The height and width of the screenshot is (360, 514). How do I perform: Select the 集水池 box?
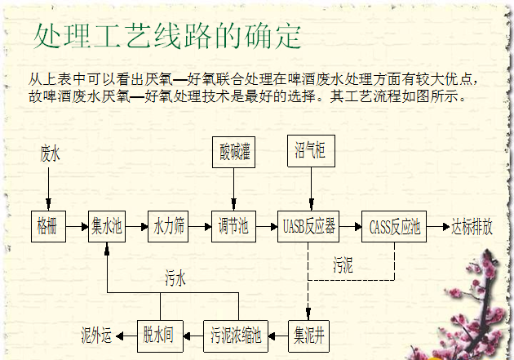106,226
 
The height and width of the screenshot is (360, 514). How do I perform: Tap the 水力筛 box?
169,226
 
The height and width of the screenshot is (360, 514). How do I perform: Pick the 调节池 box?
233,226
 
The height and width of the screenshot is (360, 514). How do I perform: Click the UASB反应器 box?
308,226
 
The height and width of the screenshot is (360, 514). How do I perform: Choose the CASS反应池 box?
395,226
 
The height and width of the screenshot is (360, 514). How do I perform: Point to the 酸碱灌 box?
234,152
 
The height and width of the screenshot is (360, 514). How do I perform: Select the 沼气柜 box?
310,150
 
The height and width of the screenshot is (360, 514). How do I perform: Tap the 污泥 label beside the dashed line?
343,265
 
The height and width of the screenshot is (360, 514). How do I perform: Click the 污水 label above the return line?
175,278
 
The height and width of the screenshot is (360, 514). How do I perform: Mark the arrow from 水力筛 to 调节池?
200,226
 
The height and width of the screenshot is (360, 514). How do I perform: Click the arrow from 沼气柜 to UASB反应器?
310,188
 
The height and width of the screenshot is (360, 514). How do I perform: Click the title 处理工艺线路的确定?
168,34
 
